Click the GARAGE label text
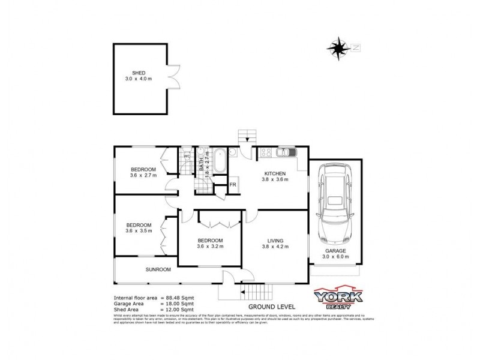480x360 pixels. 335,250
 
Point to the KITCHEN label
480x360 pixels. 275,173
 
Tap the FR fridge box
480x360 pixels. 233,185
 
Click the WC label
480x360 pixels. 187,157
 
